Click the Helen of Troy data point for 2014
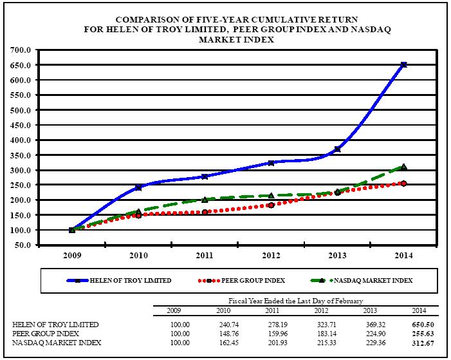[x=403, y=64]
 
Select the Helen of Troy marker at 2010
[x=138, y=187]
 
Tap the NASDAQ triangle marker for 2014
[x=403, y=167]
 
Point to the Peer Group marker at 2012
[x=271, y=205]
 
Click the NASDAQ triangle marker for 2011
[x=205, y=200]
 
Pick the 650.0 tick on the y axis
[x=23, y=65]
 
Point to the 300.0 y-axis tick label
[x=23, y=170]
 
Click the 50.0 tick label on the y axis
[x=24, y=245]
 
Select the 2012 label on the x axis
[x=271, y=256]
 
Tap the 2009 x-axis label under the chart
[x=71, y=256]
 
